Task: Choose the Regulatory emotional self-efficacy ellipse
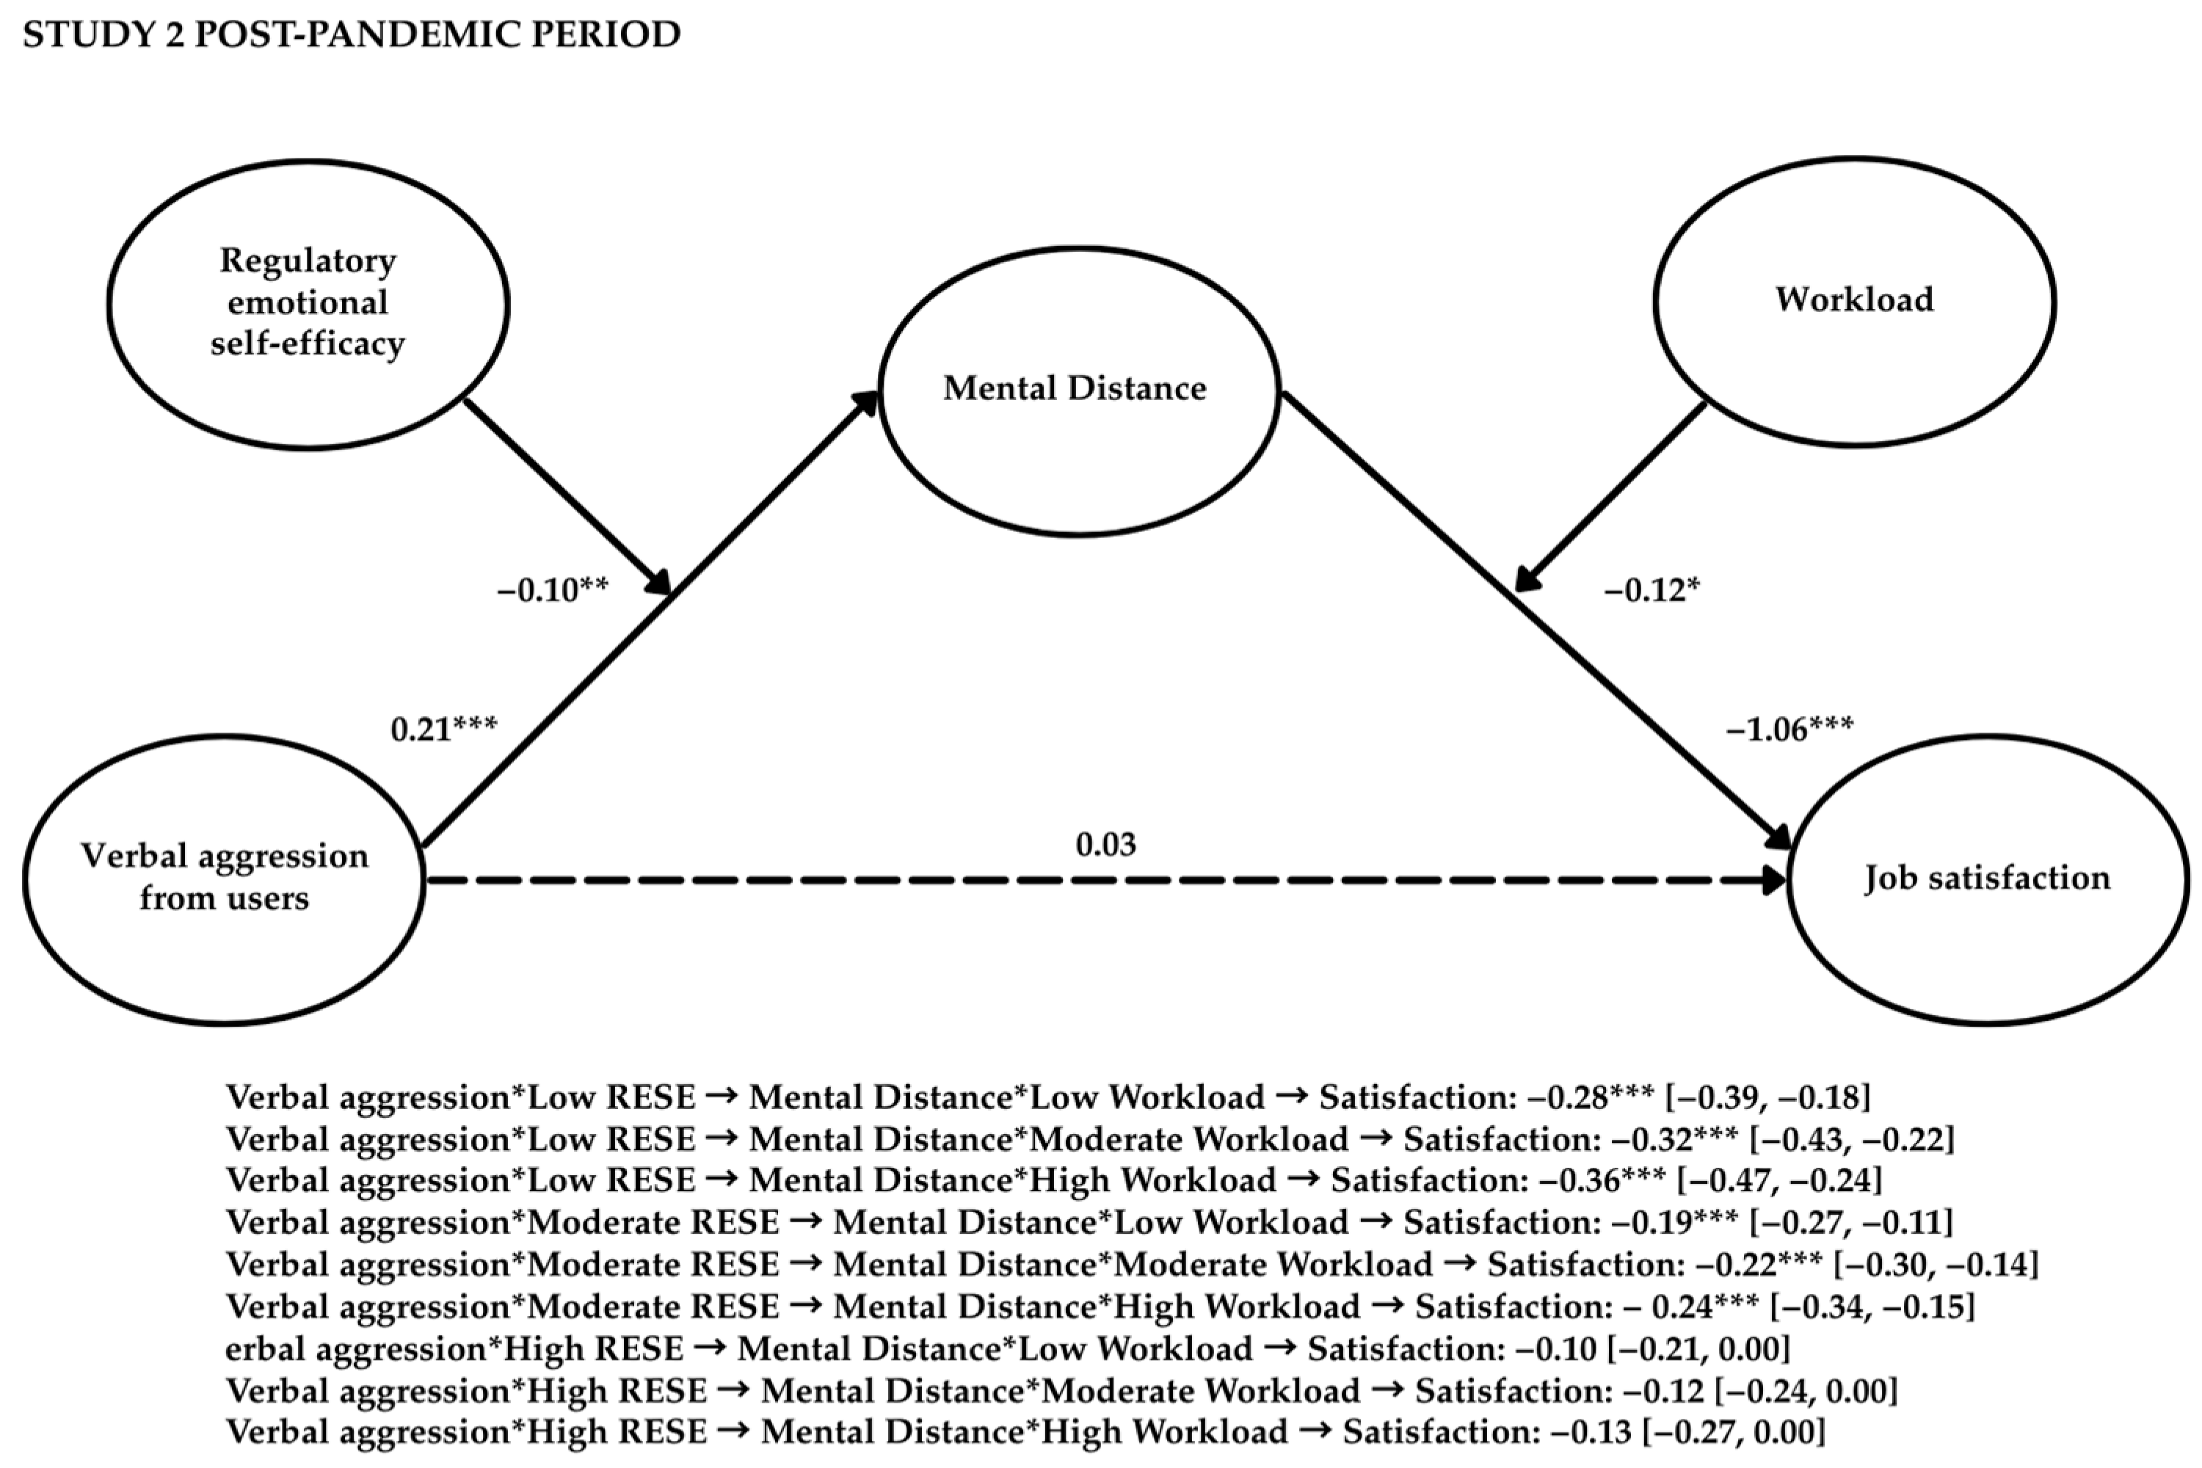[x=308, y=303]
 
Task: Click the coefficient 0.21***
[x=444, y=728]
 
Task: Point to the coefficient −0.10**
[x=553, y=590]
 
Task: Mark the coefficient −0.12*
[x=1651, y=591]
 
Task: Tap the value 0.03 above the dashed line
[x=1105, y=845]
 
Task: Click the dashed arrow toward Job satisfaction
[x=1105, y=881]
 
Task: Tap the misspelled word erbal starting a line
[x=265, y=1350]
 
